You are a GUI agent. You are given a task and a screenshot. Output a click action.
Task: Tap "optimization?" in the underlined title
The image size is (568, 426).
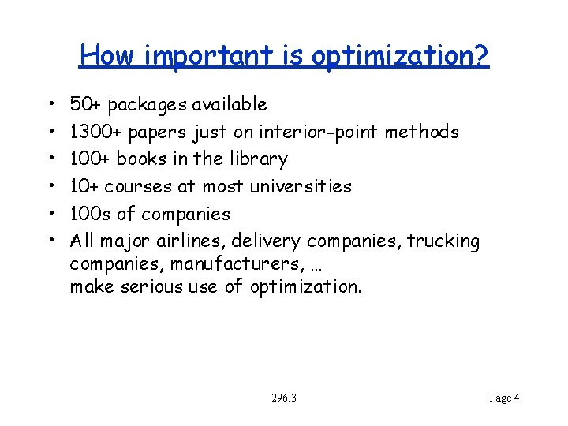(400, 55)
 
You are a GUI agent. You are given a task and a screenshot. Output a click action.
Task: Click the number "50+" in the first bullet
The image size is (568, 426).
(86, 104)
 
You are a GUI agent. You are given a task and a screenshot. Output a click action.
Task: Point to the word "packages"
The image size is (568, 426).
(146, 105)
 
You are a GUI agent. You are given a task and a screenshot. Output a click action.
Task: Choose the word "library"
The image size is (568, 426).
(258, 159)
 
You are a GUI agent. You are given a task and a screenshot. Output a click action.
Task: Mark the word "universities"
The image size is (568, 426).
(300, 186)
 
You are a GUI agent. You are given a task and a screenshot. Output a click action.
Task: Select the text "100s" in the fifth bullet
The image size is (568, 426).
(91, 214)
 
